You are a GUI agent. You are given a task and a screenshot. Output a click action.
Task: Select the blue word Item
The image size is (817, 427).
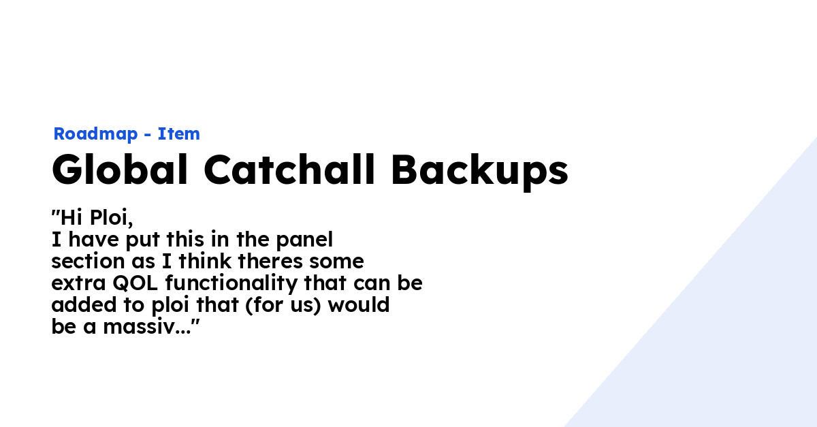point(179,134)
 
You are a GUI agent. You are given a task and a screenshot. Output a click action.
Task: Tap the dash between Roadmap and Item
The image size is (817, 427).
point(148,135)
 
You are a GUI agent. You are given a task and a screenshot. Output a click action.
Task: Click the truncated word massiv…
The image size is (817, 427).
point(150,326)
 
